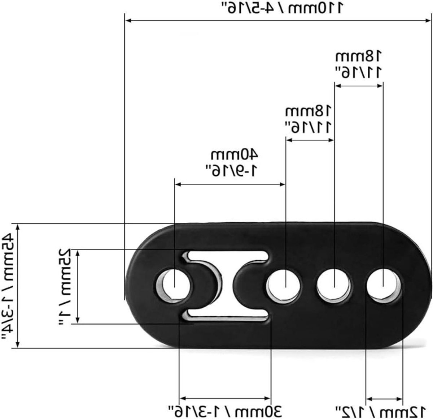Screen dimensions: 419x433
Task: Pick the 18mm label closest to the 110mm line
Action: pyautogui.click(x=359, y=64)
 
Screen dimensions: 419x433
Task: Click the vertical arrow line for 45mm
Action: pyautogui.click(x=20, y=286)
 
